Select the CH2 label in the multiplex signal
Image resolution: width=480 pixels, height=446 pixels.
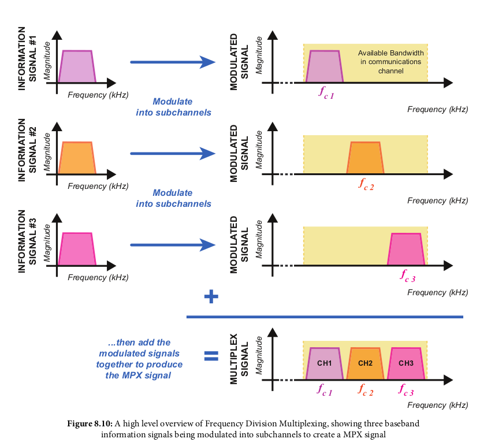click(x=365, y=363)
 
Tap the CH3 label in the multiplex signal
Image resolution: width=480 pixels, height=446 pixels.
click(x=406, y=363)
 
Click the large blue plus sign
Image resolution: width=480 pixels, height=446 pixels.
click(x=211, y=297)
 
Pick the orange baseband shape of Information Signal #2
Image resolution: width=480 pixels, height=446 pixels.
click(x=78, y=158)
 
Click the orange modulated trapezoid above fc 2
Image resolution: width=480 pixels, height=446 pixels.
click(x=365, y=158)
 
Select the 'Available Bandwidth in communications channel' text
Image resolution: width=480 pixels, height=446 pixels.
click(x=391, y=62)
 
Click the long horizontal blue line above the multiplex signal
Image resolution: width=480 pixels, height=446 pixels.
click(x=325, y=317)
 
